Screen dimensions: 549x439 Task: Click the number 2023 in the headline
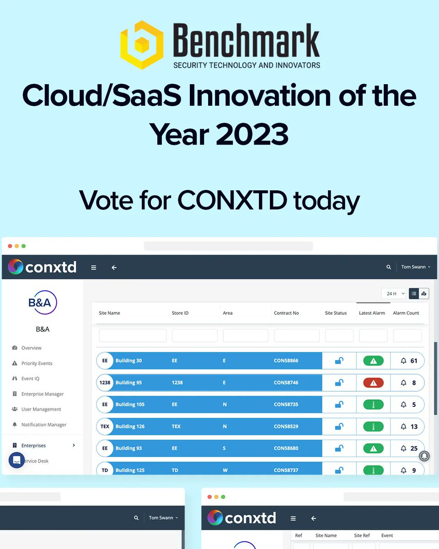252,135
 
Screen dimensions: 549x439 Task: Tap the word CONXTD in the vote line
232,200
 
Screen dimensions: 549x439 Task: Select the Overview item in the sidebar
31,348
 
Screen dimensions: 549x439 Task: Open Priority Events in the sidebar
37,364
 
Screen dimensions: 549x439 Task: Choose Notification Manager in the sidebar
43,425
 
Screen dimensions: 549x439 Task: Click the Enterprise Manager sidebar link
42,394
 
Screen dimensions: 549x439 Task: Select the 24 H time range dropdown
395,294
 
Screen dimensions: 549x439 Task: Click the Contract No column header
286,313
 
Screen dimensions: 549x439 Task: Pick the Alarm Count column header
406,313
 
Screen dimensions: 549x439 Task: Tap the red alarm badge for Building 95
373,383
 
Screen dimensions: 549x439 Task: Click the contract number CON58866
286,361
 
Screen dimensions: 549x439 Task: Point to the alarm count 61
413,361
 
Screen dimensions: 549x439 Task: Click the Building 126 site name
130,427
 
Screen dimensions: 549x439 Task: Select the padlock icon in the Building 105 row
339,405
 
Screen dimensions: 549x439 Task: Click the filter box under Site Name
133,336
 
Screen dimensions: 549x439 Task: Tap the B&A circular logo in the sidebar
43,302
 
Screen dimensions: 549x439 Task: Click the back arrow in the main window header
114,268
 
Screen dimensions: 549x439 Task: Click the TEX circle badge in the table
105,427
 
